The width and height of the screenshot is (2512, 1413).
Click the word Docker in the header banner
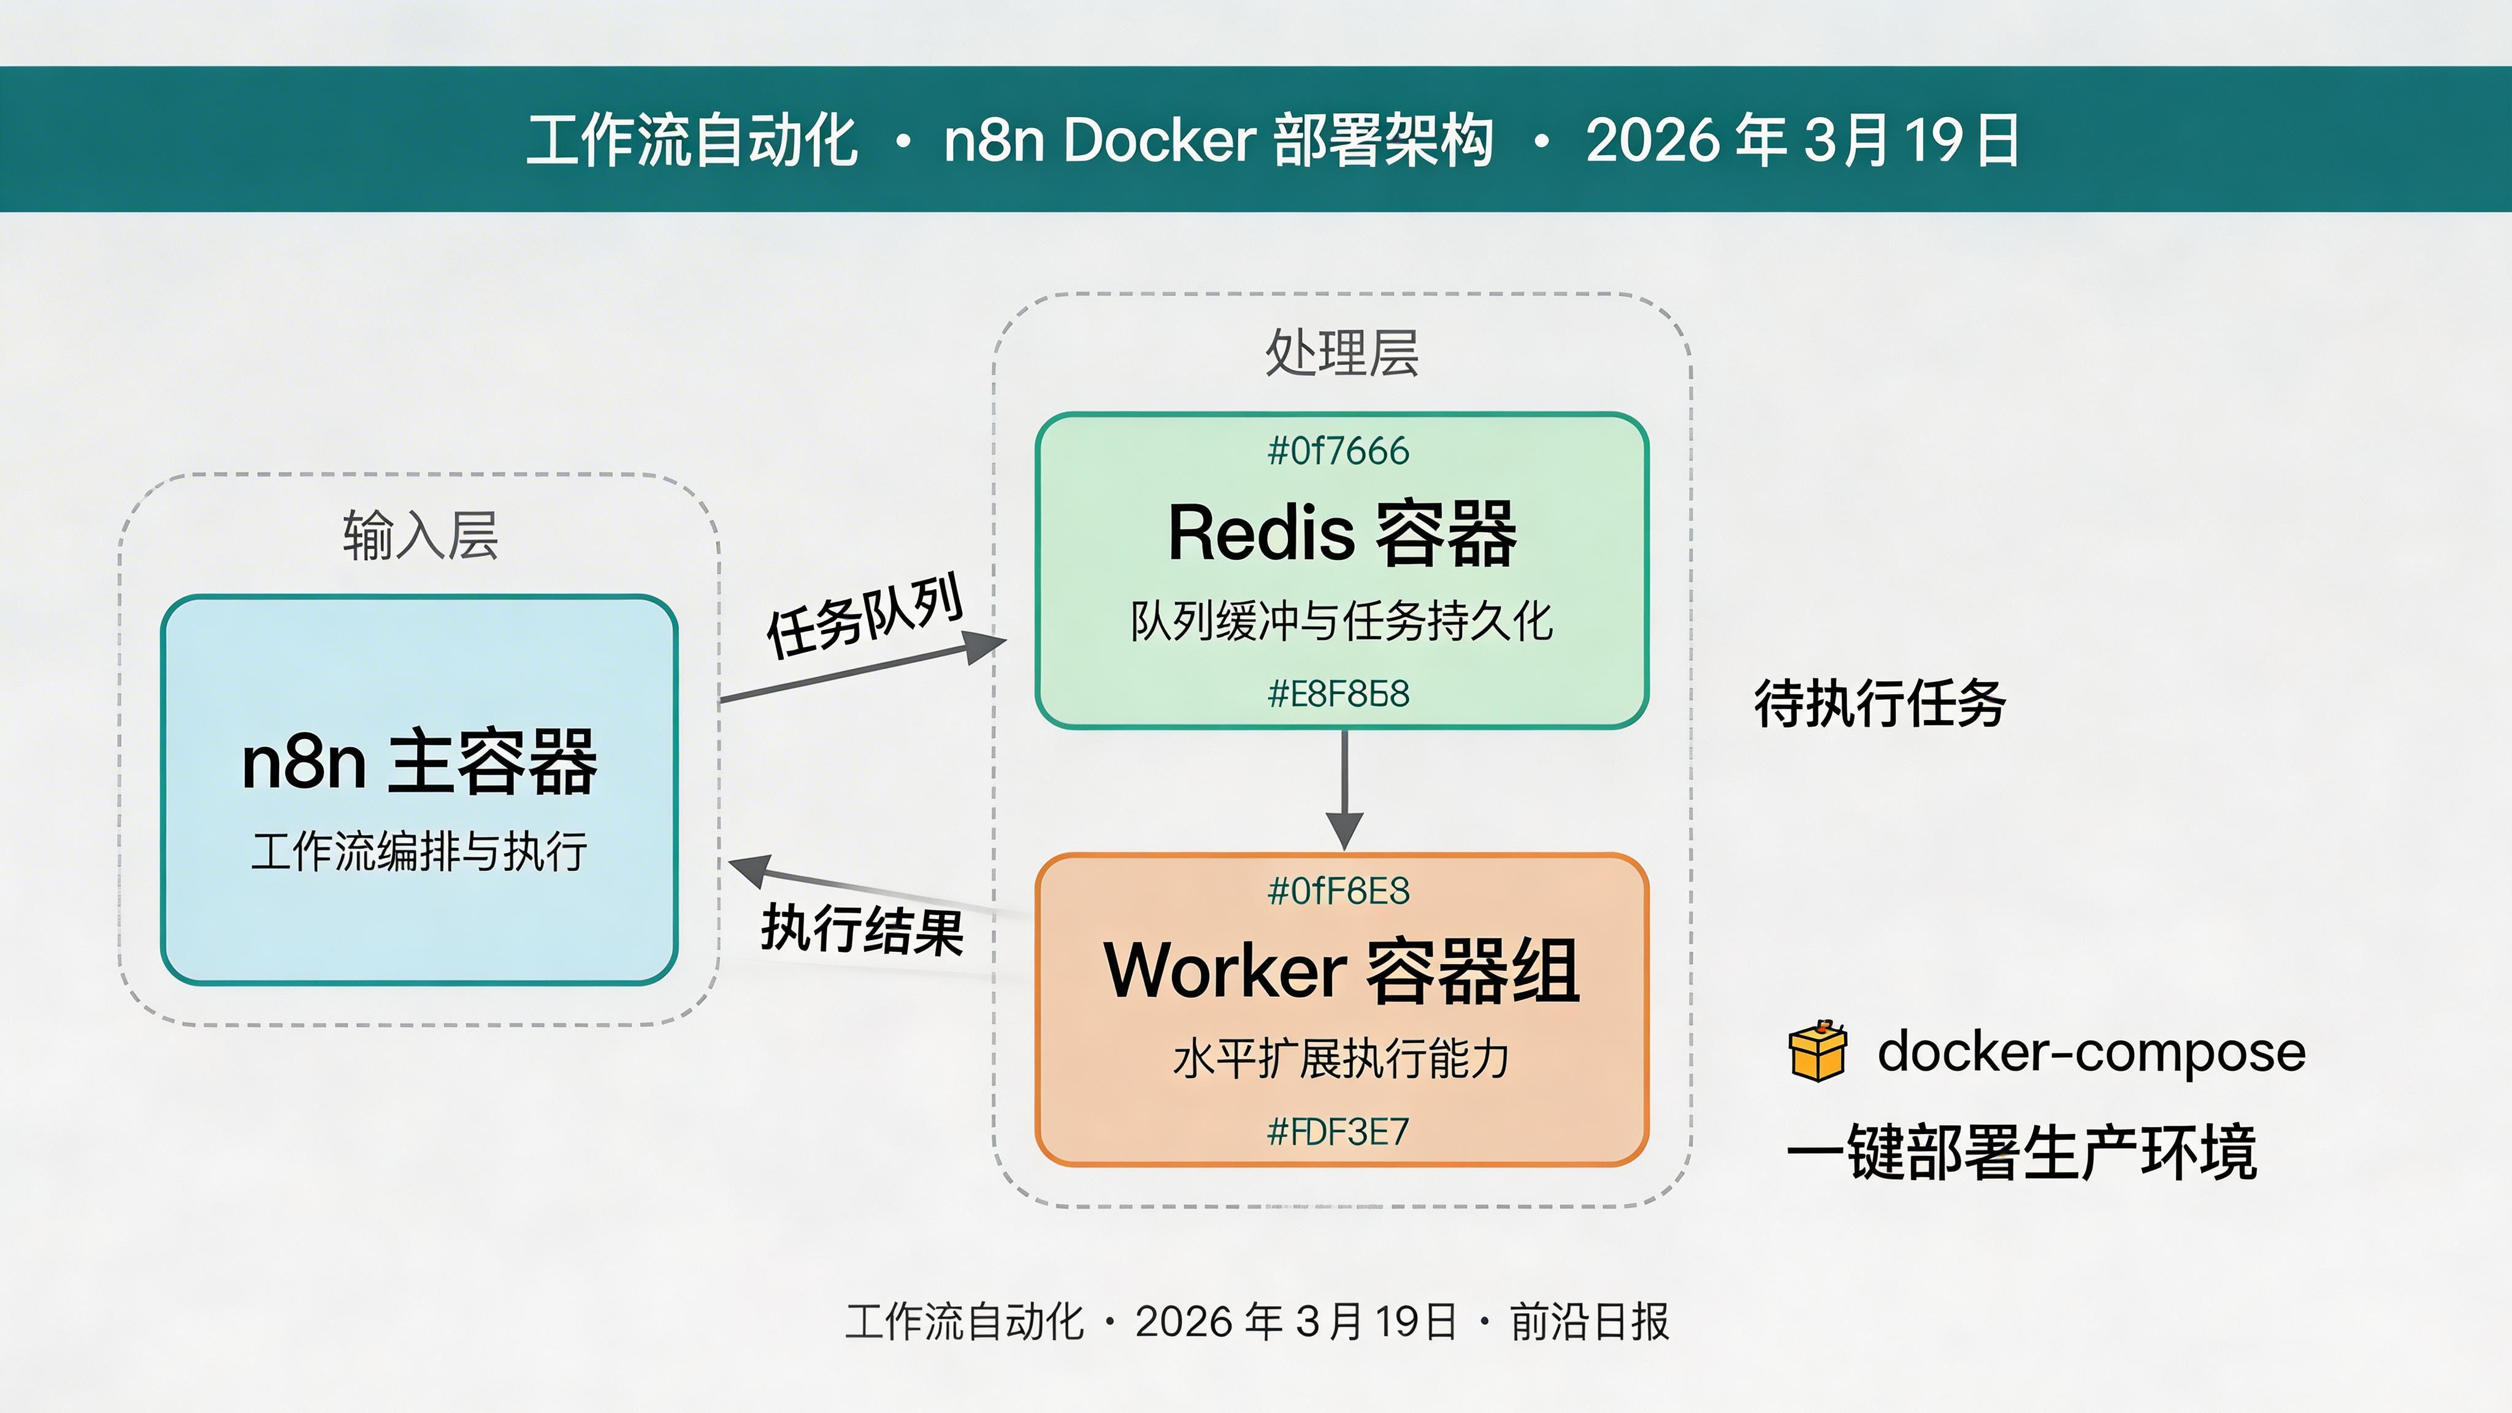(x=1160, y=139)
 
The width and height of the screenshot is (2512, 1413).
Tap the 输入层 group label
(x=420, y=535)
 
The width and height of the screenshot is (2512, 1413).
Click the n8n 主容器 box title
(x=419, y=762)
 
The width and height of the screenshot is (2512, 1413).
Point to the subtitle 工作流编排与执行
(x=419, y=851)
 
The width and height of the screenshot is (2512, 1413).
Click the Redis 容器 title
(x=1342, y=534)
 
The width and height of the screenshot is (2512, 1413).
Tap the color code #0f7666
(x=1338, y=451)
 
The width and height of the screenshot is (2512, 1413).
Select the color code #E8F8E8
(x=1338, y=694)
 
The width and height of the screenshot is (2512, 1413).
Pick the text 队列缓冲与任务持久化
(x=1342, y=621)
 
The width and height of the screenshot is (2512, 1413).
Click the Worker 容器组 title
(x=1342, y=971)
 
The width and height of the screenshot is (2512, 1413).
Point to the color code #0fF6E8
(x=1338, y=891)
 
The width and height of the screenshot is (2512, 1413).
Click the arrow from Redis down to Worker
(x=1345, y=790)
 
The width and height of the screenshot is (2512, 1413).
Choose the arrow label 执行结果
(x=862, y=929)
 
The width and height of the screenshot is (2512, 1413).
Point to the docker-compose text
(x=2091, y=1051)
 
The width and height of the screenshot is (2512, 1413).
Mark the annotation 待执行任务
(x=1879, y=703)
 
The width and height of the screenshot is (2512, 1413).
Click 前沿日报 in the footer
(x=1590, y=1322)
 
